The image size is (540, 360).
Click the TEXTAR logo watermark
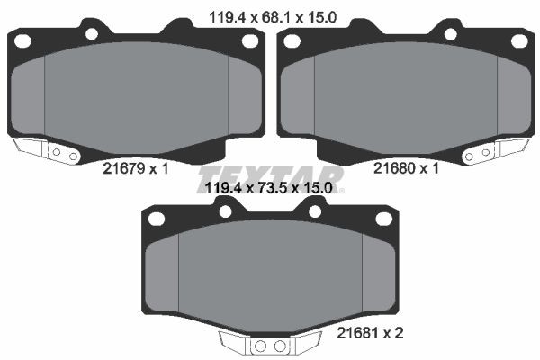click(x=270, y=175)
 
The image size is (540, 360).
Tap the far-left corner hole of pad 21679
click(x=23, y=41)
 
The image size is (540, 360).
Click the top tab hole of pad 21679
click(x=91, y=34)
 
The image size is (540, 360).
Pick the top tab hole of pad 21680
click(x=449, y=34)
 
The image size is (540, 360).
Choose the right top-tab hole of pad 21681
click(x=315, y=211)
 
